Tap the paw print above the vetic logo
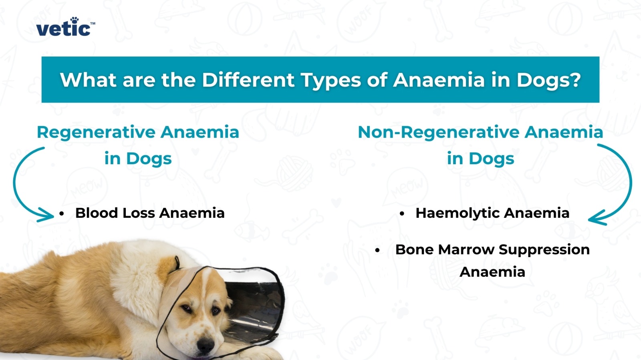click(x=75, y=20)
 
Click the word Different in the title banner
click(x=248, y=80)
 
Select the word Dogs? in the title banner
click(x=548, y=80)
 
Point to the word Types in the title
click(x=331, y=80)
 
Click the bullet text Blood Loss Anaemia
click(x=150, y=213)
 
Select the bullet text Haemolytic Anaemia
click(x=492, y=213)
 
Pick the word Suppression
click(x=544, y=250)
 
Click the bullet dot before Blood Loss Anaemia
click(x=62, y=213)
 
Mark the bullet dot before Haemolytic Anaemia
click(x=402, y=213)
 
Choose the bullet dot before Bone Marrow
click(x=377, y=250)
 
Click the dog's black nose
click(x=206, y=344)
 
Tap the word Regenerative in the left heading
click(x=97, y=133)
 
